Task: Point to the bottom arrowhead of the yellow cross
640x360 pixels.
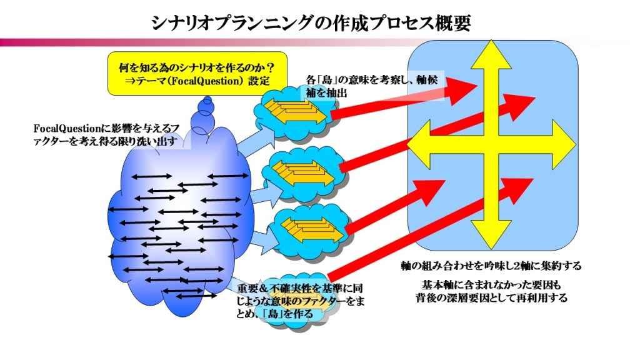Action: click(491, 236)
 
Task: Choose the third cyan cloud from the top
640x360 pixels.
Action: click(309, 227)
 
